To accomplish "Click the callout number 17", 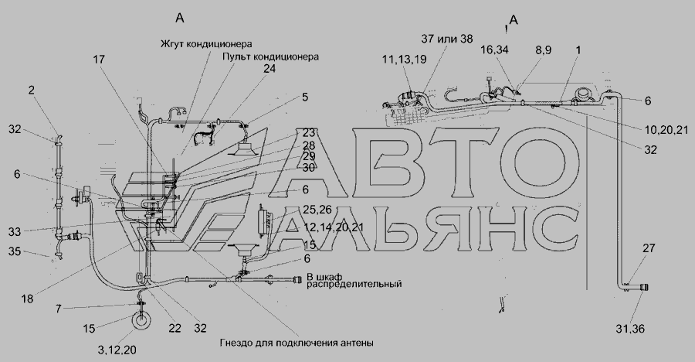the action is [x=100, y=59].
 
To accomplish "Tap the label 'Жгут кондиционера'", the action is [x=206, y=43].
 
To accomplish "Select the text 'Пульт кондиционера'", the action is [x=270, y=57].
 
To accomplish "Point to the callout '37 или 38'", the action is [x=447, y=39].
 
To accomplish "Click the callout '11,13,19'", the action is [x=404, y=59].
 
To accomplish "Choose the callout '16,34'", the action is [x=494, y=50].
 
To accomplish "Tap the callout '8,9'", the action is [x=543, y=50].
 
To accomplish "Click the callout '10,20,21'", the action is [x=666, y=129].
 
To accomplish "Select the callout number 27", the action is [x=649, y=248].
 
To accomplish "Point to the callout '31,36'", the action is [x=630, y=329].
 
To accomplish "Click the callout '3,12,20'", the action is [x=117, y=350].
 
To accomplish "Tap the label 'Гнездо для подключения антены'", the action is [x=297, y=343].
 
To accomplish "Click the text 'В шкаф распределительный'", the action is [x=354, y=280].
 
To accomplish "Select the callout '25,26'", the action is [x=316, y=209].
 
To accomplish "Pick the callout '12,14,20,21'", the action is [x=334, y=227].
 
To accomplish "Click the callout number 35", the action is [x=15, y=251].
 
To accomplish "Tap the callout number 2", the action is [x=31, y=90].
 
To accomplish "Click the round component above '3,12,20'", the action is [x=141, y=321].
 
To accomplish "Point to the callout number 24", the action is [x=270, y=68].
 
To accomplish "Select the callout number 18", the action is [x=28, y=299].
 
